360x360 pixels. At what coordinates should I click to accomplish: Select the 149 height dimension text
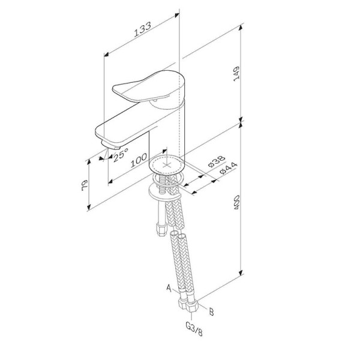pos(237,73)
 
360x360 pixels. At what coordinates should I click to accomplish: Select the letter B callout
pos(211,311)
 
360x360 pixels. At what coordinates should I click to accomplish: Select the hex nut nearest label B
pos(192,304)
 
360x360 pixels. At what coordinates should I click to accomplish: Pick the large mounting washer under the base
pos(162,191)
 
